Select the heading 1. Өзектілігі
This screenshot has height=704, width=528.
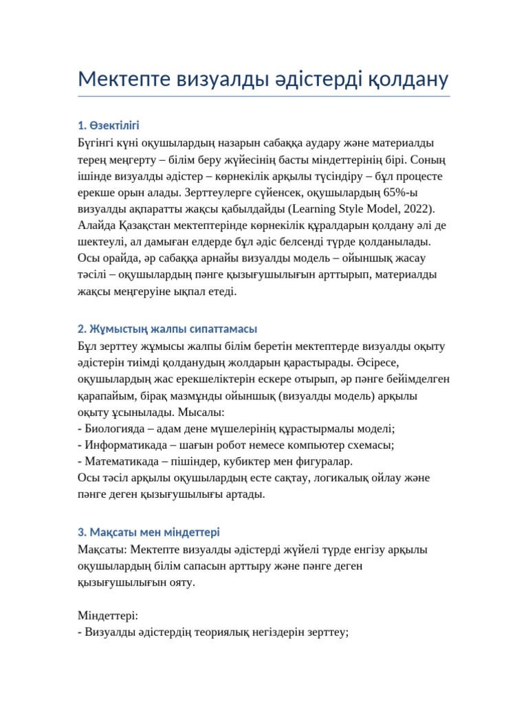click(x=109, y=125)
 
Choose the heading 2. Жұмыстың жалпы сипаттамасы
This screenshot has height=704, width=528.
click(x=168, y=329)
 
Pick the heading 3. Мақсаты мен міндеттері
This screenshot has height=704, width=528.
click(x=149, y=533)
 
